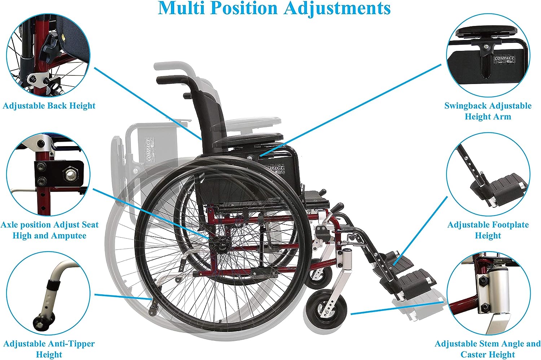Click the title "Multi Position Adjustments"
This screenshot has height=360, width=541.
coord(274,8)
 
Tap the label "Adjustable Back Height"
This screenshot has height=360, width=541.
coord(49,106)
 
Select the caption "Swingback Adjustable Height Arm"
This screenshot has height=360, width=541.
coord(488,111)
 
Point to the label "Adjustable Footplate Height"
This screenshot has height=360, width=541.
coord(488,230)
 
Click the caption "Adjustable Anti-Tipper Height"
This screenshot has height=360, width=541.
coord(49,349)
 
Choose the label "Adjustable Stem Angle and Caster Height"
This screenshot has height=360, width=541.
coord(488,349)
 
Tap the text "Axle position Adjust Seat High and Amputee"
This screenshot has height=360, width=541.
coord(49,230)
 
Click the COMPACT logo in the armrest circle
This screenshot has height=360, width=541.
coord(504,60)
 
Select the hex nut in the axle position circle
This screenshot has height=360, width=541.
coord(70,174)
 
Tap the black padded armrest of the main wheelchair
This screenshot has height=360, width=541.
coord(249,139)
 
